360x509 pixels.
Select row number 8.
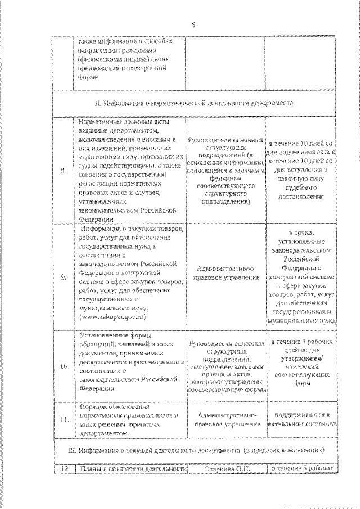point(63,169)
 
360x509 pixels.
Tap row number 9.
point(63,277)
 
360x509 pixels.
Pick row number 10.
point(64,366)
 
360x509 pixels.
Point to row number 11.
point(64,420)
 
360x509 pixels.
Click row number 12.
point(63,468)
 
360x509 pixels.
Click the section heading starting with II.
point(200,104)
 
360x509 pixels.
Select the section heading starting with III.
point(200,451)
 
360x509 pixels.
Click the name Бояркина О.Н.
point(227,468)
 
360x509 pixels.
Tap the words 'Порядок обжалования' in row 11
point(106,407)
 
